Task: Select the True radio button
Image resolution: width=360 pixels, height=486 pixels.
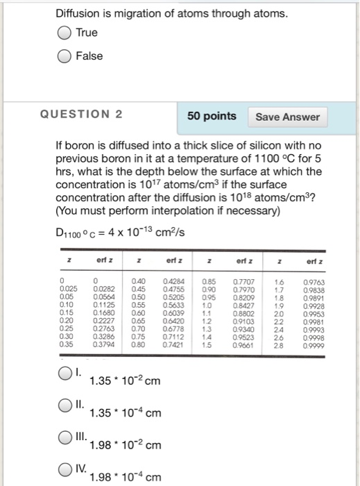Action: tap(64, 33)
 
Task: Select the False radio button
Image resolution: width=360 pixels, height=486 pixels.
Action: tap(64, 56)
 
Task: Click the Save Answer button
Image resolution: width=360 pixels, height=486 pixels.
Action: tap(288, 117)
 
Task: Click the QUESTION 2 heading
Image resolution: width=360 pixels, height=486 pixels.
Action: tap(93, 115)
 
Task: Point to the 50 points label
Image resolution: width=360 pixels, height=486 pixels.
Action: tap(212, 116)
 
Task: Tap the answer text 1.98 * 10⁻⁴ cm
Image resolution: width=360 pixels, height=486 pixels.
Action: tap(125, 478)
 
